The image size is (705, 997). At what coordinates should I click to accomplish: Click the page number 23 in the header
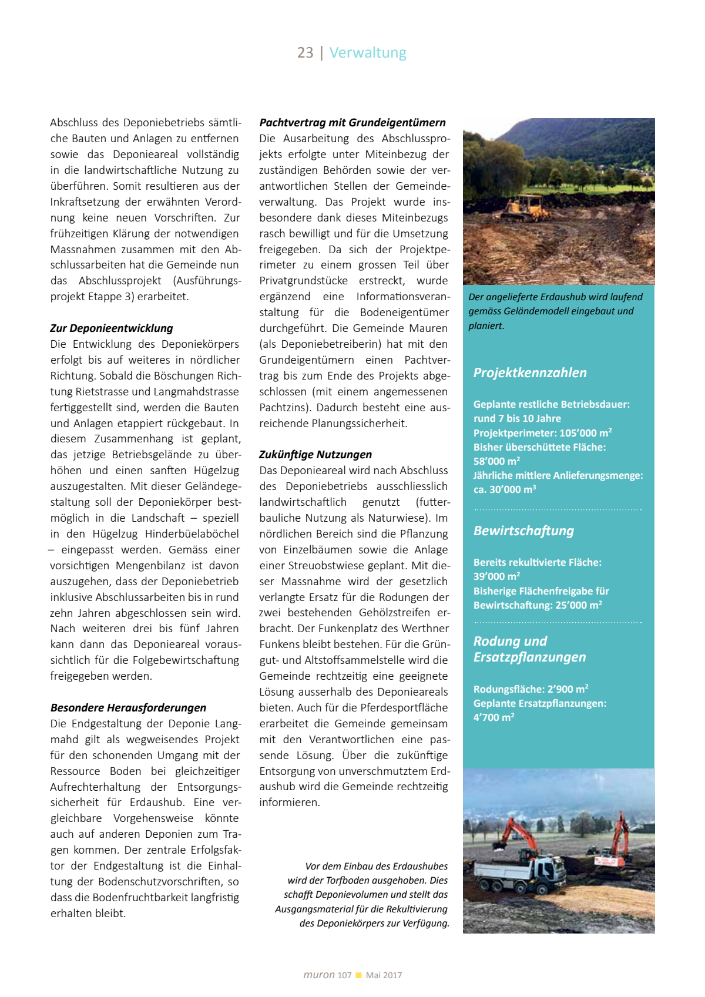tap(305, 53)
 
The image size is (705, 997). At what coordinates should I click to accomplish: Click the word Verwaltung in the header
tap(368, 53)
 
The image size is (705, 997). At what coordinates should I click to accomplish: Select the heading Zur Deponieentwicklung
tap(112, 328)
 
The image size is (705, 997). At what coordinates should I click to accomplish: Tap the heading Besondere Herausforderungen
tap(128, 708)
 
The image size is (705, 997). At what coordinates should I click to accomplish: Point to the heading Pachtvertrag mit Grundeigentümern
tap(352, 123)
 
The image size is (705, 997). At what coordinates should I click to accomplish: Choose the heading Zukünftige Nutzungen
tap(315, 455)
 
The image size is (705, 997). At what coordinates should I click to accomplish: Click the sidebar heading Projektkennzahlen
tap(530, 373)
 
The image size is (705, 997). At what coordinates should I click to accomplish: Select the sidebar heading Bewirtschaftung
tap(523, 531)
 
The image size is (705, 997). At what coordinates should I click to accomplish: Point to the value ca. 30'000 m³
tap(505, 489)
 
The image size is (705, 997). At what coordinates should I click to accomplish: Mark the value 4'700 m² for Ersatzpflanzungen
tap(493, 717)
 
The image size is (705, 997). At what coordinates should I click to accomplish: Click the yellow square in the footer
tap(358, 976)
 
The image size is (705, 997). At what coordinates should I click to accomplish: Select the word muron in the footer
tap(319, 975)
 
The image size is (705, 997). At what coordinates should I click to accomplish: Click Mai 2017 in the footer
tap(384, 976)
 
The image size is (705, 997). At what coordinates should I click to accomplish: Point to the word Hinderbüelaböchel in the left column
tap(192, 534)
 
